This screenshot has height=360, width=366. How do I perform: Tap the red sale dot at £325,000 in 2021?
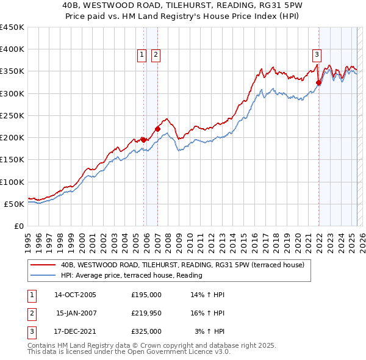(x=318, y=83)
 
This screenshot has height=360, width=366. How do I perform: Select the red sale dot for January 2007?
(x=157, y=129)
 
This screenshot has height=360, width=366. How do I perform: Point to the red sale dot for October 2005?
(x=144, y=140)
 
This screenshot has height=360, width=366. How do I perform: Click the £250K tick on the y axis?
(x=12, y=115)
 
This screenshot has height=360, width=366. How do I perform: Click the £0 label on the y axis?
(x=20, y=226)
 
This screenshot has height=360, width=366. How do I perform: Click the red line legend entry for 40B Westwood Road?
(x=186, y=265)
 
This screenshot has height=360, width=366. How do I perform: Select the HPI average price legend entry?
(x=131, y=276)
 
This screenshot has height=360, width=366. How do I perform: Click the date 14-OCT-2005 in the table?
(x=75, y=295)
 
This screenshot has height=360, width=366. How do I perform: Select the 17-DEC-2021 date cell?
(x=75, y=331)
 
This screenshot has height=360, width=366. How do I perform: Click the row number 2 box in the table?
(x=31, y=313)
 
